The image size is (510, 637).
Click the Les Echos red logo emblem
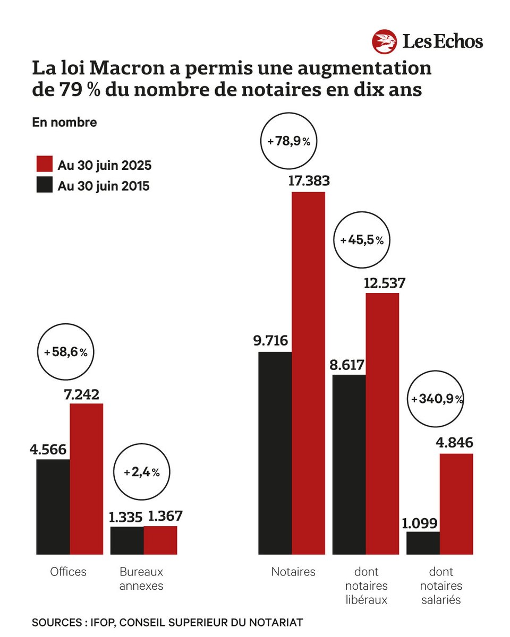(385, 42)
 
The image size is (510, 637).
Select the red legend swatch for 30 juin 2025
(44, 165)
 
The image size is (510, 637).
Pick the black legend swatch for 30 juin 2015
(44, 185)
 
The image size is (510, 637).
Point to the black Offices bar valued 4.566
(53, 507)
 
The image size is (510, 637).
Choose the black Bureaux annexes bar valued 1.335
(127, 540)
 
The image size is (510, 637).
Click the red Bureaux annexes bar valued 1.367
(160, 540)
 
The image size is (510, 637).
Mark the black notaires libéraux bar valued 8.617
(349, 464)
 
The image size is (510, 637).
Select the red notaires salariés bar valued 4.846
(456, 504)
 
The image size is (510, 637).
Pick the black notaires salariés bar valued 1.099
(423, 543)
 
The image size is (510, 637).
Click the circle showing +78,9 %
(289, 141)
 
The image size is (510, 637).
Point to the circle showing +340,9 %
(436, 399)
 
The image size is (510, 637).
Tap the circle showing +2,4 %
(142, 472)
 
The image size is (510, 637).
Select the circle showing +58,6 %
(65, 352)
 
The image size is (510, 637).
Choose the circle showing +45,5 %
(362, 240)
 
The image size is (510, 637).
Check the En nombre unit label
(64, 122)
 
